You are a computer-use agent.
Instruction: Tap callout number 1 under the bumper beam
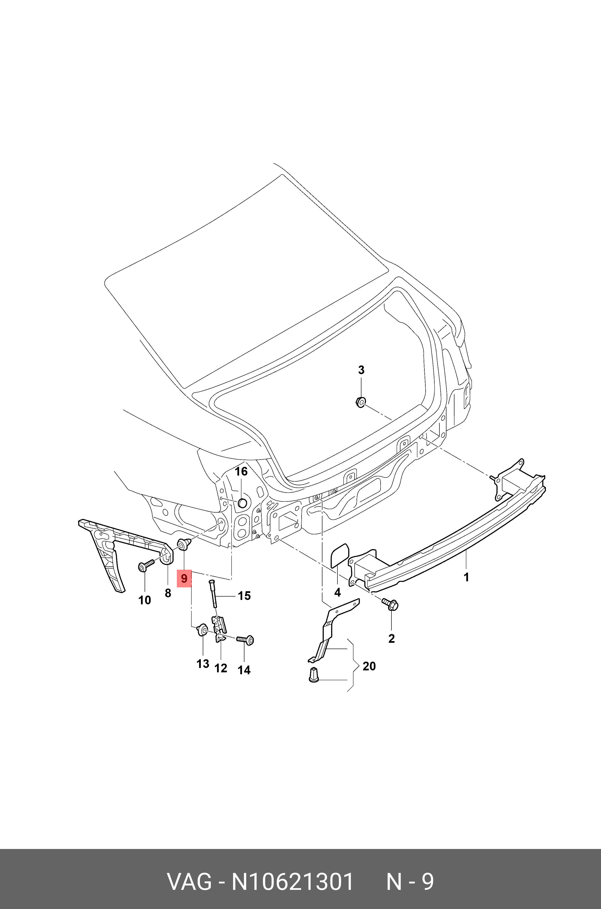coord(467,577)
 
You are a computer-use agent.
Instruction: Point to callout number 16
coord(241,471)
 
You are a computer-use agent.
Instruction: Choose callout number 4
coord(337,593)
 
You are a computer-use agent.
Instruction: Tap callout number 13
coord(203,664)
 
